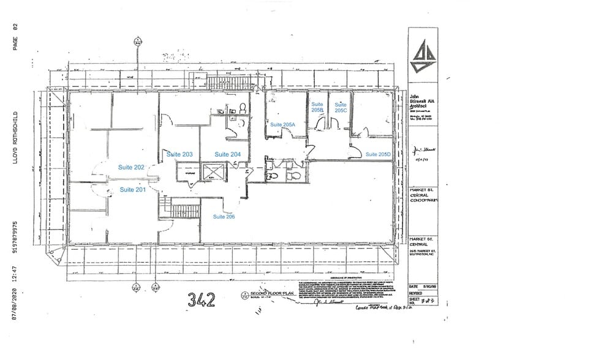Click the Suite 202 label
pos(131,167)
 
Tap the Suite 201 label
pos(132,189)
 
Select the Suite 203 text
pos(179,154)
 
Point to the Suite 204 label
pos(227,154)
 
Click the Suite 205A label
pos(283,124)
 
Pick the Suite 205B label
pos(317,108)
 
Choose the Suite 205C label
pos(341,108)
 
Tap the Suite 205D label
pos(378,154)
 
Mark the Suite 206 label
pos(224,217)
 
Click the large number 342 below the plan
pos(202,300)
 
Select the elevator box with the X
pos(212,172)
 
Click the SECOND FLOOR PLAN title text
pos(265,294)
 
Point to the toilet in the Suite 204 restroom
pos(243,108)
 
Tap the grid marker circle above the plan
pos(138,43)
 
